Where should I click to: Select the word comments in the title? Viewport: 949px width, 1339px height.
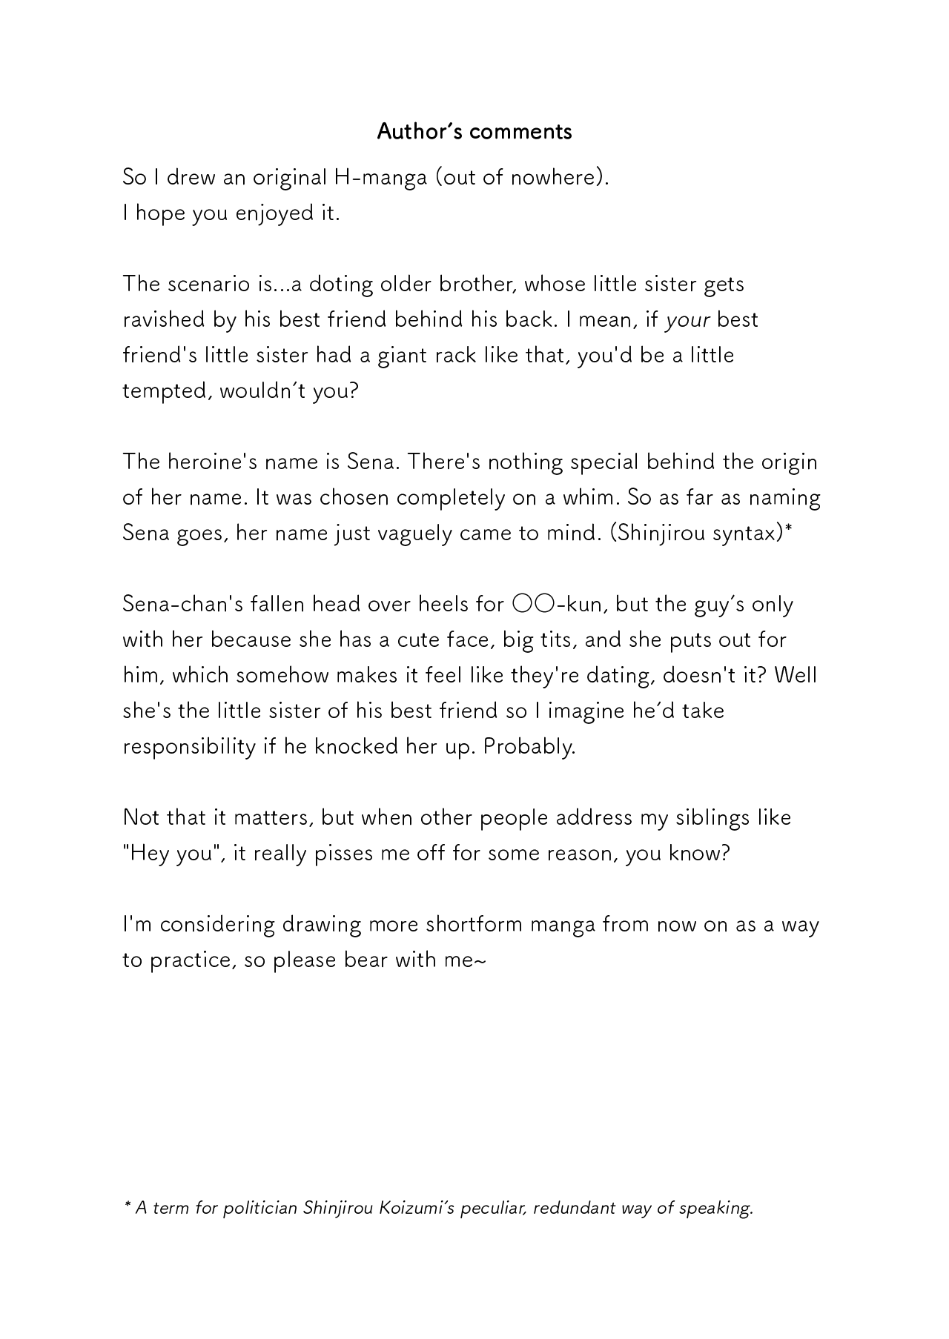520,132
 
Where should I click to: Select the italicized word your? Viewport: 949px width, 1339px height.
688,320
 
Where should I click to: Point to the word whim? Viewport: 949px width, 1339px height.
590,498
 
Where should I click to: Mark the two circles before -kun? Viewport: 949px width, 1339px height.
529,605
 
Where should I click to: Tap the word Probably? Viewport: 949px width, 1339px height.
529,747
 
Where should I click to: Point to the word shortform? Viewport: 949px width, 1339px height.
474,925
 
